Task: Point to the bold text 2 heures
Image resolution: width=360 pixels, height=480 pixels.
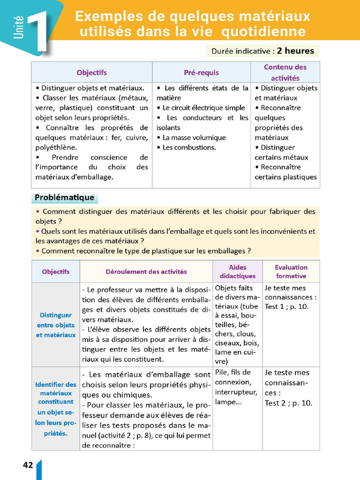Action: pyautogui.click(x=295, y=51)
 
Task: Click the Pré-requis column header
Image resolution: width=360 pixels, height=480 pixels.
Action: pyautogui.click(x=201, y=73)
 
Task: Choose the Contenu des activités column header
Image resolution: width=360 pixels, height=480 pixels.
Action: pyautogui.click(x=285, y=73)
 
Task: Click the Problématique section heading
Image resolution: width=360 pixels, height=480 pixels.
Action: pyautogui.click(x=65, y=197)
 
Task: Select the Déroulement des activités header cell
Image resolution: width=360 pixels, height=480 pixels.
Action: pyautogui.click(x=146, y=271)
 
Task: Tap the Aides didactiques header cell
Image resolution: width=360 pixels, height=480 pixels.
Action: pyautogui.click(x=238, y=271)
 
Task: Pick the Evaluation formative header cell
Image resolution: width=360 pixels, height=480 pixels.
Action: pyautogui.click(x=291, y=271)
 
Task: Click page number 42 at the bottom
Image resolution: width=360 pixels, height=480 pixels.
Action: pyautogui.click(x=28, y=465)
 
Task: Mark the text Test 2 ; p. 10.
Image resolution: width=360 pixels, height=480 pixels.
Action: pyautogui.click(x=288, y=403)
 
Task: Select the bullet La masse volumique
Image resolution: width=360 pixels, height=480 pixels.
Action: pyautogui.click(x=194, y=137)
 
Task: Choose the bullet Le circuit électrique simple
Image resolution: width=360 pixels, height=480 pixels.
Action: pyautogui.click(x=203, y=108)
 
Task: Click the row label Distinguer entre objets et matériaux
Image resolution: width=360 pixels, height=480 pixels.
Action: pyautogui.click(x=56, y=325)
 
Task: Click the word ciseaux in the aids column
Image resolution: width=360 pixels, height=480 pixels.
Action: pyautogui.click(x=227, y=343)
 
